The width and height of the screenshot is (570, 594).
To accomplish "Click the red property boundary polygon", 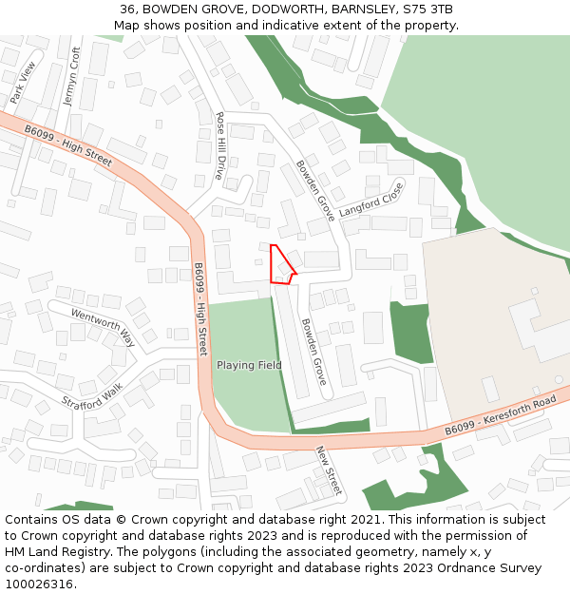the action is coord(281,267).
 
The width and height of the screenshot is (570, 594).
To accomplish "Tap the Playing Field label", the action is coord(249,365).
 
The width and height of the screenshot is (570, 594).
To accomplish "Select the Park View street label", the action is coord(22,83).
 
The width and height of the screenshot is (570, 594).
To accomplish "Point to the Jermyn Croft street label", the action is coord(71,77).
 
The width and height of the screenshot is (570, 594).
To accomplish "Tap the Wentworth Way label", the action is coord(103,328).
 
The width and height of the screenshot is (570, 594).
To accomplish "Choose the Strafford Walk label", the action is coord(92,396).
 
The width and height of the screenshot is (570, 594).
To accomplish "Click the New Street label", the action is coord(328,469).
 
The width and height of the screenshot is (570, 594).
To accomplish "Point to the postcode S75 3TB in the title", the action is coord(427,10).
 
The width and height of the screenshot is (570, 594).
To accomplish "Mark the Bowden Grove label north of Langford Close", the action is coord(314,189).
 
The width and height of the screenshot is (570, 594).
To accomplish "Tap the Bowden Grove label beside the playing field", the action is coord(314,351).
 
